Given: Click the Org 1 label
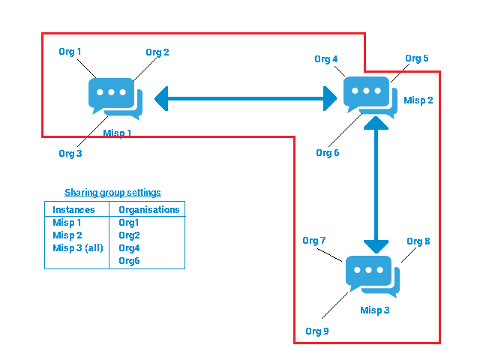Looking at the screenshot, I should point(70,52).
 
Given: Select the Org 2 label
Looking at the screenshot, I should point(157,52).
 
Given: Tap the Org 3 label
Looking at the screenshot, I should point(70,153).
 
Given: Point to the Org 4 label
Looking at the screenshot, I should point(326,59).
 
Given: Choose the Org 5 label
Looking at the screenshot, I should point(417,58).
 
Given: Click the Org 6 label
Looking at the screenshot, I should point(328,153).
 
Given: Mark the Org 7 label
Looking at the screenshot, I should point(314,241).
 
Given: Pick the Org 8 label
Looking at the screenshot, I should point(418,241).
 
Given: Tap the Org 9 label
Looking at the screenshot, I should point(316,331).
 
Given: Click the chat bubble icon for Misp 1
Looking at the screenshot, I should point(114,98).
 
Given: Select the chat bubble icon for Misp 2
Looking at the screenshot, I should point(370,96).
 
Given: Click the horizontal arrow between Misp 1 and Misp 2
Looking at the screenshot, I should point(245,97).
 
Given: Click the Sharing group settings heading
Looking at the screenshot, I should point(112,193).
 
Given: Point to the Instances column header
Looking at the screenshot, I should point(73,210).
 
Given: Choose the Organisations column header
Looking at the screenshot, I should point(149,210).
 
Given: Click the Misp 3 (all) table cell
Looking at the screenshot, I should point(77,248).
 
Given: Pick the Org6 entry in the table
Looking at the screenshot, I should point(129,261).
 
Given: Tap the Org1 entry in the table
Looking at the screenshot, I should point(129,223).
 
